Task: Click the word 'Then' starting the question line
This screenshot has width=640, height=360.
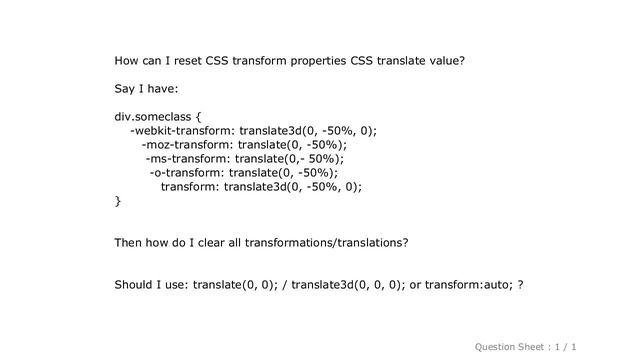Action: point(131,243)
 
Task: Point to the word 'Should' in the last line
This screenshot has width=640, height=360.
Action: point(137,285)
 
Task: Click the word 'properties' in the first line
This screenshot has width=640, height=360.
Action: point(316,60)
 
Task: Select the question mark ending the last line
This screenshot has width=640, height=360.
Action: point(520,285)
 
